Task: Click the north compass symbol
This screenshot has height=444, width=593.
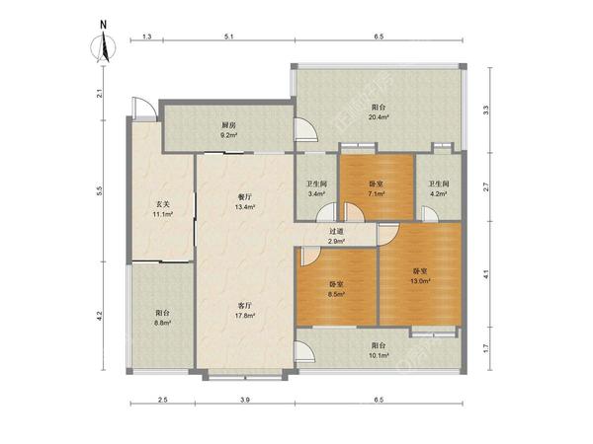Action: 103,45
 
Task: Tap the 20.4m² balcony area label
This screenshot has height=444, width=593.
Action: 379,117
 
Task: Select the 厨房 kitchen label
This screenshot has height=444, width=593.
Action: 229,125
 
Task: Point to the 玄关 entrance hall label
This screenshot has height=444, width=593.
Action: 163,204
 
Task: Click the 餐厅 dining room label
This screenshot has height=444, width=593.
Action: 245,197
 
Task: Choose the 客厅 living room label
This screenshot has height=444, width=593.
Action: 245,306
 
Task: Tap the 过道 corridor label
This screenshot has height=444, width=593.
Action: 336,232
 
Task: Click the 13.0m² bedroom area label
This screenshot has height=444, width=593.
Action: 420,281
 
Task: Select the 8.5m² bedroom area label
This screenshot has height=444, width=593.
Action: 336,293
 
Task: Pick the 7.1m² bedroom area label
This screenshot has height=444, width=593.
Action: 377,193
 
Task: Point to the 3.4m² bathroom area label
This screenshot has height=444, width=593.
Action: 316,193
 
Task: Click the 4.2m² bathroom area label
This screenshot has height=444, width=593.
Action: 438,193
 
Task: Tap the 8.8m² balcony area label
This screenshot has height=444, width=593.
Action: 163,323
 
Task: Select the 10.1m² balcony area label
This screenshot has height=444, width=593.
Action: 379,355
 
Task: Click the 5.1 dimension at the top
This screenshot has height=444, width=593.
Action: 229,37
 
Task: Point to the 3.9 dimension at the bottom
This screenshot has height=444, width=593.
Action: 245,400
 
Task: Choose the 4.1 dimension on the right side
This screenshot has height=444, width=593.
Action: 486,273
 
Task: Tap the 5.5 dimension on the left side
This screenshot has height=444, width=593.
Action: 100,191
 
